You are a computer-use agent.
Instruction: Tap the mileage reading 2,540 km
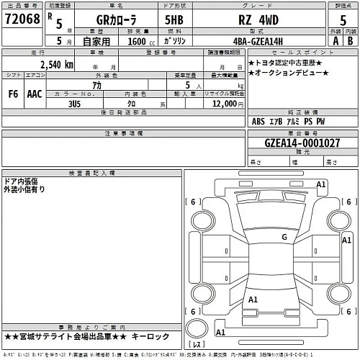[56, 66]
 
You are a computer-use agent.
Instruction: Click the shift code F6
[14, 93]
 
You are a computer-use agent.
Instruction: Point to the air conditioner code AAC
[34, 93]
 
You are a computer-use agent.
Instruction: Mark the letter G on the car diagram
[284, 236]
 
